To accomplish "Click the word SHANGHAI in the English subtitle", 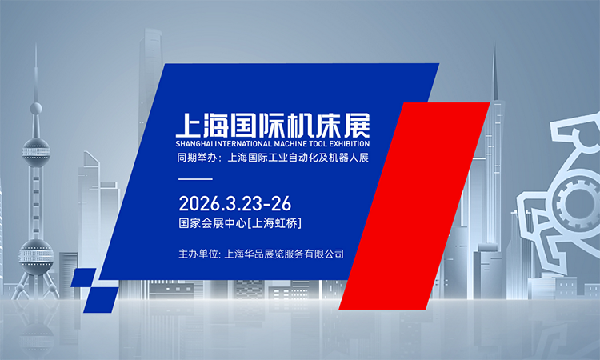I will point(197,145).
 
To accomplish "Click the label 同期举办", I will point(197,158).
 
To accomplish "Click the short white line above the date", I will point(194,179).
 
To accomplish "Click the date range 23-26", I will point(257,201).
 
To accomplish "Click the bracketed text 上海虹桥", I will point(274,221).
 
